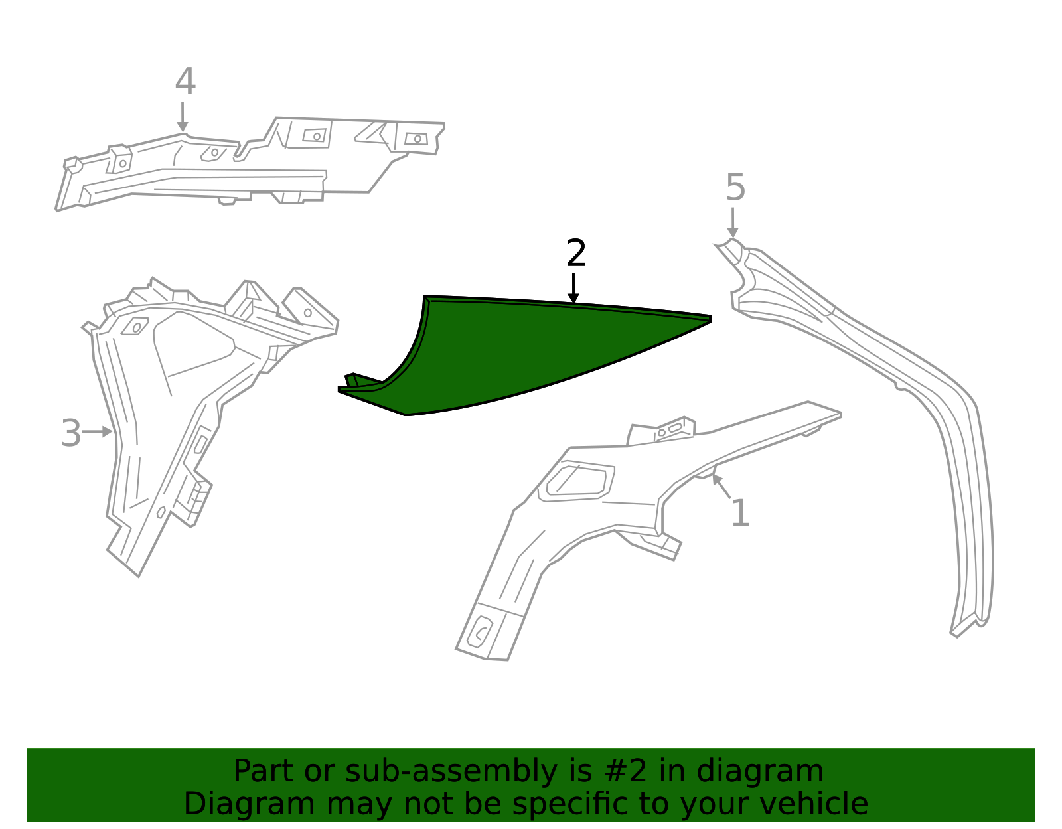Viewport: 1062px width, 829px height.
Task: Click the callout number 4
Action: [185, 82]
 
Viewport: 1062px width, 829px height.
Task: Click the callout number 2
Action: [575, 254]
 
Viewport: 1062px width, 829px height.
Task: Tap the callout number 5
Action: [735, 188]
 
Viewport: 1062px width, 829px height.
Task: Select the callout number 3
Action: [70, 434]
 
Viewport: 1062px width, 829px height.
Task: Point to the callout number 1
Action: [740, 514]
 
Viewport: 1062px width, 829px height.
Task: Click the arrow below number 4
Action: [183, 117]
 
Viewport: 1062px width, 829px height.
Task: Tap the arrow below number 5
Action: [733, 222]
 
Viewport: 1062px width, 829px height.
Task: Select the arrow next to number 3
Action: [98, 432]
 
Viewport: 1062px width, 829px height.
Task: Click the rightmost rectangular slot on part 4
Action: [416, 139]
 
